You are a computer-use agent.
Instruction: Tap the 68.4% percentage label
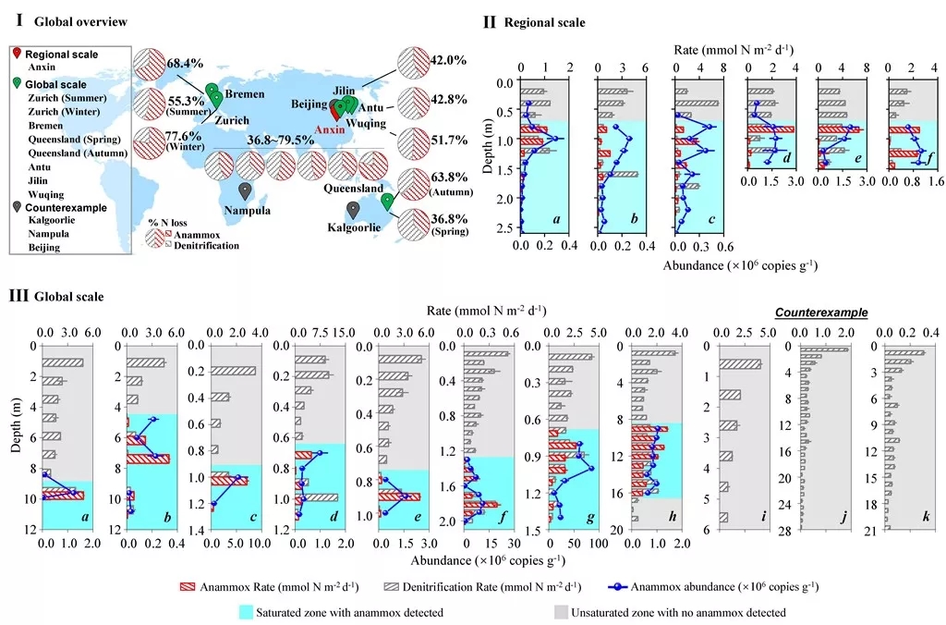[x=185, y=63]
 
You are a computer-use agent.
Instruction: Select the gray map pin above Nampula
[x=245, y=191]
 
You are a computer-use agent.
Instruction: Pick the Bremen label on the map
[x=245, y=94]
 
